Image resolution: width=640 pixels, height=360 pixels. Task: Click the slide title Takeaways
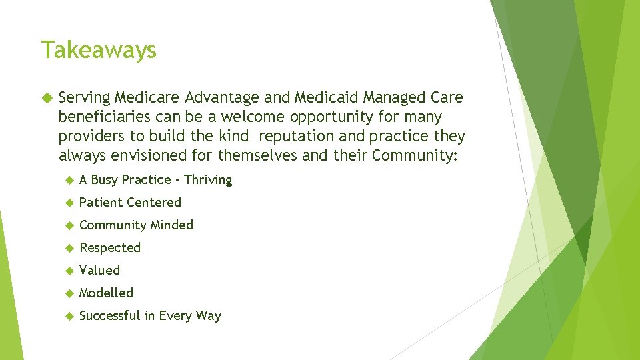(x=99, y=50)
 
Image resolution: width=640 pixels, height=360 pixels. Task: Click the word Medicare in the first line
(x=139, y=98)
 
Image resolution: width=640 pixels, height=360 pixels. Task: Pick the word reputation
(x=299, y=137)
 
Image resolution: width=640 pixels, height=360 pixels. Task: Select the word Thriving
(x=208, y=180)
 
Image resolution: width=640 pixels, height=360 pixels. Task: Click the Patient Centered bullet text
(x=130, y=202)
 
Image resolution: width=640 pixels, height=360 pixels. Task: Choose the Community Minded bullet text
(x=136, y=225)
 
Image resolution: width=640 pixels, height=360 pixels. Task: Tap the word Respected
(x=110, y=248)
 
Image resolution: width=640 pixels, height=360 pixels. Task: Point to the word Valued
(x=99, y=271)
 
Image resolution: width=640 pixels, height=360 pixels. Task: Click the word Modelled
(x=106, y=293)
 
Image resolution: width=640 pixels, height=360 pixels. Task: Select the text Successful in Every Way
(x=150, y=316)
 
